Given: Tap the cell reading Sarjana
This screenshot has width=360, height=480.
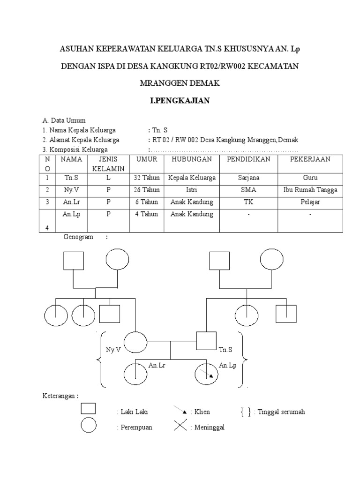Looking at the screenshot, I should (248, 178).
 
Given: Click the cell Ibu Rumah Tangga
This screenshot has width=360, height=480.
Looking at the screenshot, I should (310, 190).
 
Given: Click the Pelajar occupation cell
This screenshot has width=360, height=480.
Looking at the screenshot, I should (310, 202).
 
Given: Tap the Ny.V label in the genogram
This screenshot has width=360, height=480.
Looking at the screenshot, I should (113, 349).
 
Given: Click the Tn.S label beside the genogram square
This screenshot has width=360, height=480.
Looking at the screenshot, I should (225, 350).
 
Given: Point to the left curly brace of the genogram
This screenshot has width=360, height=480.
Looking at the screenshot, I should (100, 360).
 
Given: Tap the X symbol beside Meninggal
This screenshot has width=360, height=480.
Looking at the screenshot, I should (180, 427).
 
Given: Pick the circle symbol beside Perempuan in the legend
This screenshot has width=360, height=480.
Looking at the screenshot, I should (89, 426).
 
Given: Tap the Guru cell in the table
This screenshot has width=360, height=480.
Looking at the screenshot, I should (310, 178).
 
